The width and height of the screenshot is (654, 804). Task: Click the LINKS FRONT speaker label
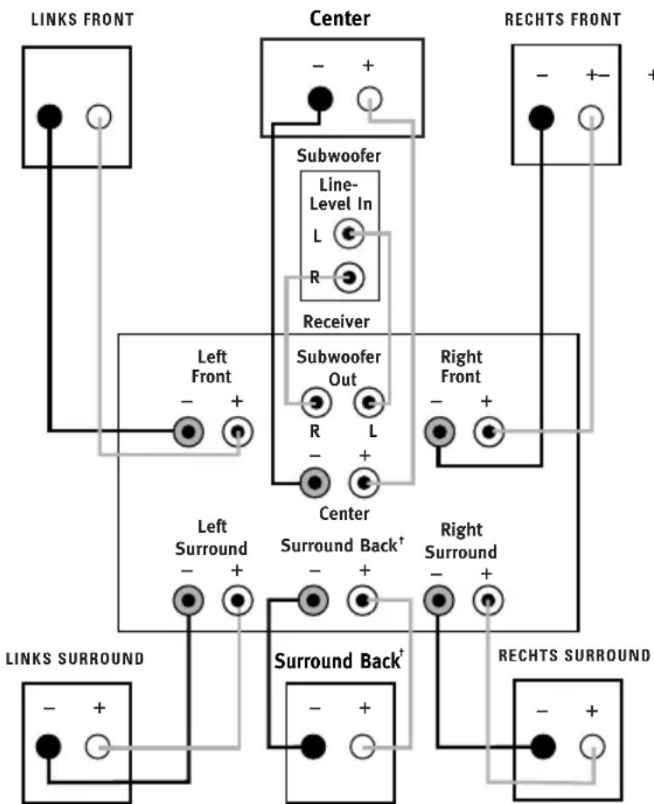click(82, 19)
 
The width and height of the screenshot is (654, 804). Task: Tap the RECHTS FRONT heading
click(563, 19)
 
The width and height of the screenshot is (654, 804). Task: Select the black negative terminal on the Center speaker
click(320, 99)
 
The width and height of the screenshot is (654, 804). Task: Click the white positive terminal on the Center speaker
click(369, 99)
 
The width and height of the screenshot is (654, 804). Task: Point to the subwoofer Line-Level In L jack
click(349, 234)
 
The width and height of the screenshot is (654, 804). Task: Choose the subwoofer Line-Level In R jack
click(349, 278)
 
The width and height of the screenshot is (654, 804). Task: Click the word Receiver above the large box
click(336, 322)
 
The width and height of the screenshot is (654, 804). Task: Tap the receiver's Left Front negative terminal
click(188, 432)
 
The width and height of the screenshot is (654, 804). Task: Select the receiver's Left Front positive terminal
click(238, 432)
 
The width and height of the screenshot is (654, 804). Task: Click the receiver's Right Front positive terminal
click(489, 432)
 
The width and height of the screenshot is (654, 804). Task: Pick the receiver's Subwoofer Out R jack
click(316, 403)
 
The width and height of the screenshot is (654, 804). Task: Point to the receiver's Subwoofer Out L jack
click(369, 403)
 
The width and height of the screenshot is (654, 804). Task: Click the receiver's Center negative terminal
click(315, 482)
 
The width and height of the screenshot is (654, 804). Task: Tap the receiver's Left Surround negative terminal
click(188, 600)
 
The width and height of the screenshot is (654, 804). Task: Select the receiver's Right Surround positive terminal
click(489, 600)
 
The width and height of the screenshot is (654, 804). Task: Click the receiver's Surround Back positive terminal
click(363, 600)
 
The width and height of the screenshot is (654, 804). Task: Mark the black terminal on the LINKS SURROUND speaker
click(49, 746)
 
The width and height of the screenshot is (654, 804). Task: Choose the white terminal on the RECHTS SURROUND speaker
click(593, 746)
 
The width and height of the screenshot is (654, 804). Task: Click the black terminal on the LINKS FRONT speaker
click(49, 116)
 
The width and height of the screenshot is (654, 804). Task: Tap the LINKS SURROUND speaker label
click(75, 658)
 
